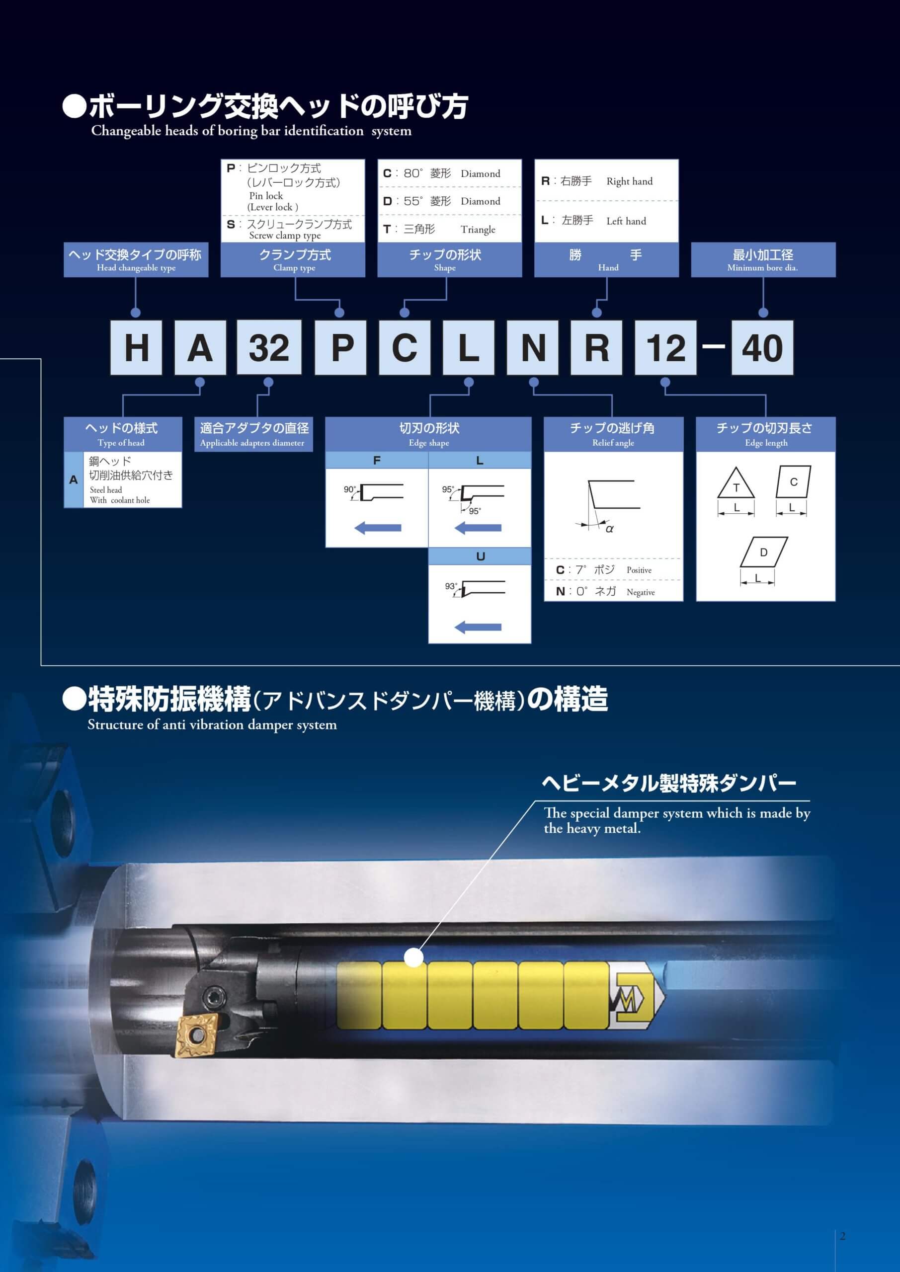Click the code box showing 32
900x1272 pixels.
269,347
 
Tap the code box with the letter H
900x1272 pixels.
136,347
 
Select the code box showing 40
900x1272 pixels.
762,347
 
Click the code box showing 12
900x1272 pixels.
665,347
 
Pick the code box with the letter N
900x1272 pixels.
533,347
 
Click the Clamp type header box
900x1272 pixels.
293,259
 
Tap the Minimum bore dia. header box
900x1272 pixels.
763,259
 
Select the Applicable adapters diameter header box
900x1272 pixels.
253,434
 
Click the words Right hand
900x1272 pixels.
630,181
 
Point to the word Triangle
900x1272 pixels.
478,230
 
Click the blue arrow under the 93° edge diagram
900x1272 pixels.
478,627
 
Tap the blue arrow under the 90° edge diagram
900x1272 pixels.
377,528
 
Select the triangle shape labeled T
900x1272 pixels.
736,483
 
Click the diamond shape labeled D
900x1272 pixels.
764,552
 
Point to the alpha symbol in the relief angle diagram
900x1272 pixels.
610,529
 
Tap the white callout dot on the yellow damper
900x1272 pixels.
413,957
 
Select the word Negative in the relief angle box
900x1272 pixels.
641,592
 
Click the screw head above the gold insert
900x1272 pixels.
213,998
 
